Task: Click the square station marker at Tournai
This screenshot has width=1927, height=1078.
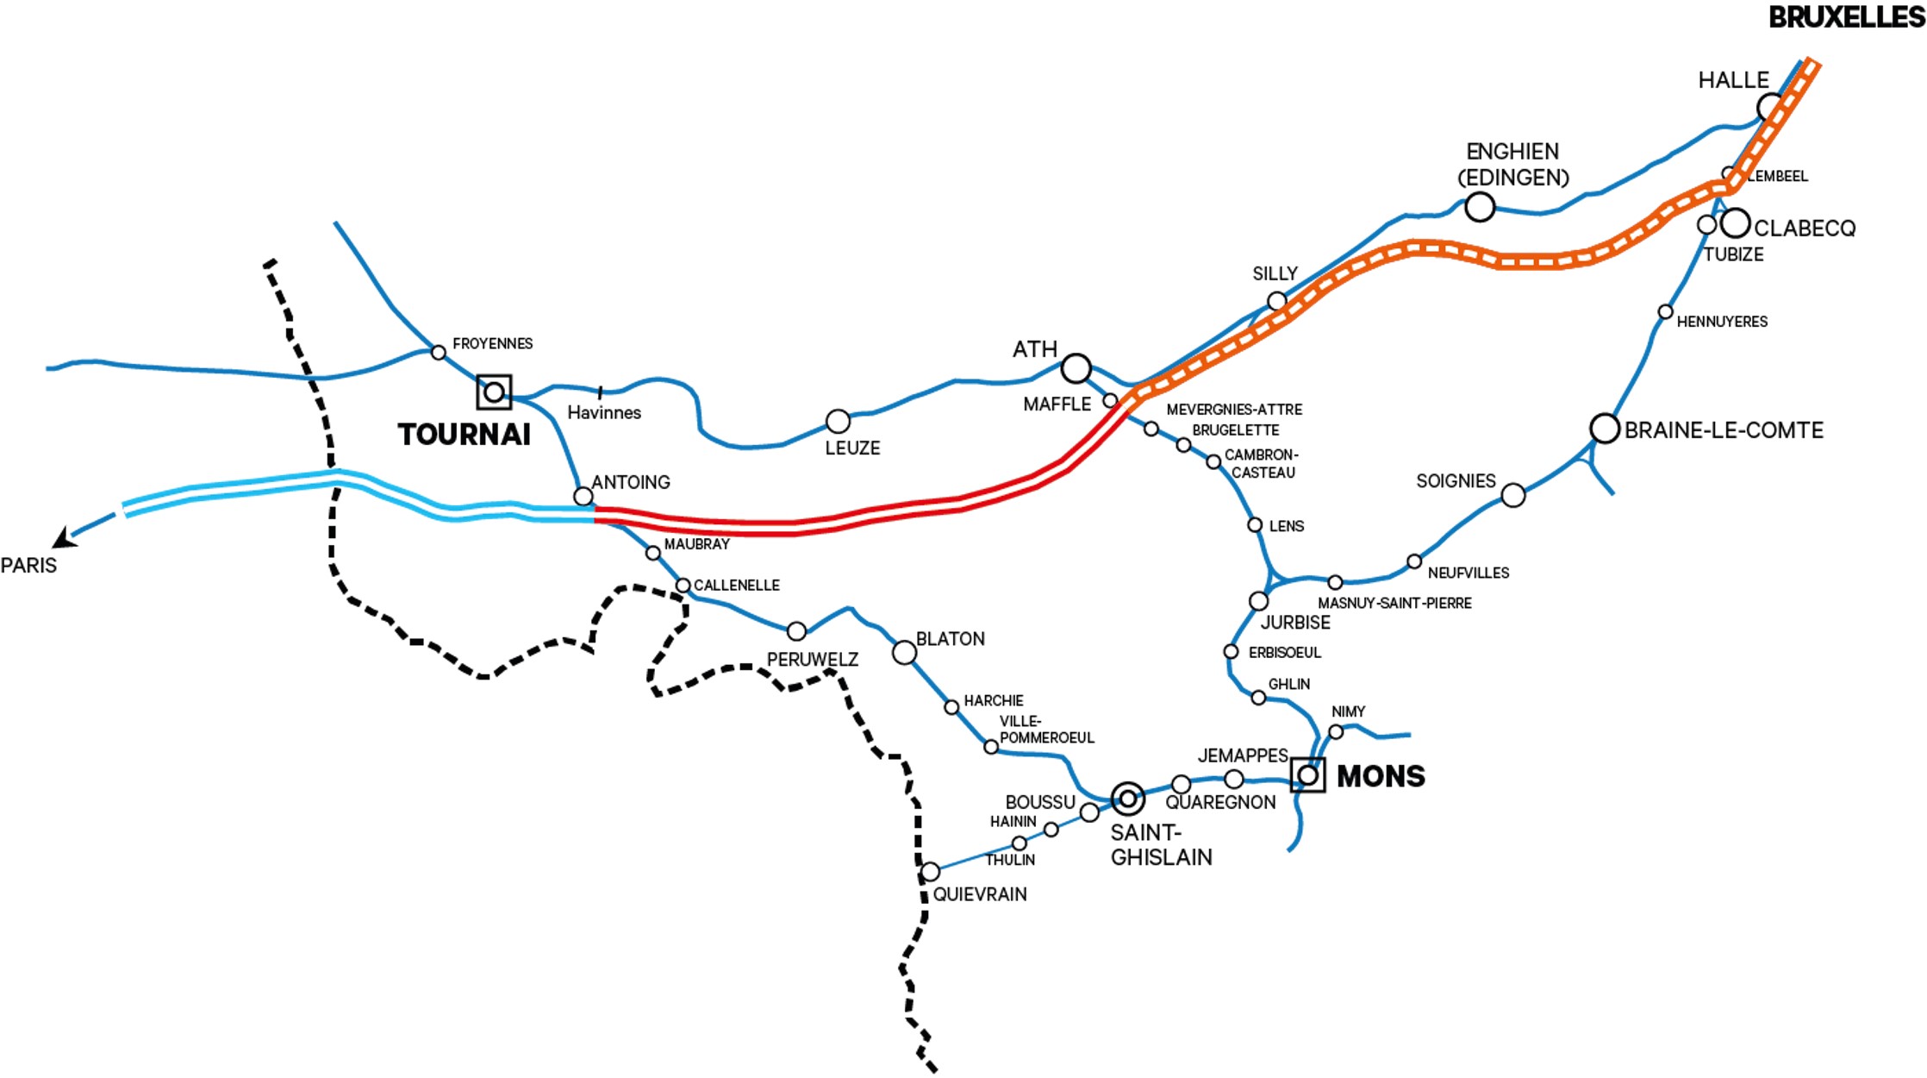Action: coord(494,392)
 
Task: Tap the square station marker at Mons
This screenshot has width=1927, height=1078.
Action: coord(1307,774)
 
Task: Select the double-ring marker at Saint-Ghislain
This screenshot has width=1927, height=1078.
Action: coord(1128,799)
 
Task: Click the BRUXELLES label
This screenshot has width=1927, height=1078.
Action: coord(1846,17)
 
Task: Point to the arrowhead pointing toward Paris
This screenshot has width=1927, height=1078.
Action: coord(64,539)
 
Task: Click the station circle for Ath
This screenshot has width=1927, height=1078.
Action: coord(1076,368)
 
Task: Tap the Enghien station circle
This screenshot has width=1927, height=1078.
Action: coord(1480,207)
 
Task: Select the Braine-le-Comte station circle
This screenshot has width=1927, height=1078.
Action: coord(1604,428)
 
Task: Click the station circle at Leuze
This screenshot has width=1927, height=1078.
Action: coord(838,422)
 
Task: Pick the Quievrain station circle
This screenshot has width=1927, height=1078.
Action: coord(930,872)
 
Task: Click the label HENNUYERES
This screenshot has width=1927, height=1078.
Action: coord(1721,322)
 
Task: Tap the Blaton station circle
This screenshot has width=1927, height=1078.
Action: coord(904,652)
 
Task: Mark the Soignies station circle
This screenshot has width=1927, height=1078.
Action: coord(1512,495)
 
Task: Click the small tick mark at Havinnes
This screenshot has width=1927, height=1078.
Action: coord(600,392)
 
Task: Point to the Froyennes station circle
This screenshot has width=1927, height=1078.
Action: coord(438,352)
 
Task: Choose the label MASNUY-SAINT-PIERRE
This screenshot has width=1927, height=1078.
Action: coord(1394,603)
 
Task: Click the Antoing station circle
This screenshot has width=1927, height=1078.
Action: coord(583,497)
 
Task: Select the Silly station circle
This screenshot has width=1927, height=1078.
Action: coord(1277,301)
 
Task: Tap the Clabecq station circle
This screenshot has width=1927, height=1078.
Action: coord(1735,222)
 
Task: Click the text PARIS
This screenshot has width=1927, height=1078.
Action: coord(28,566)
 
